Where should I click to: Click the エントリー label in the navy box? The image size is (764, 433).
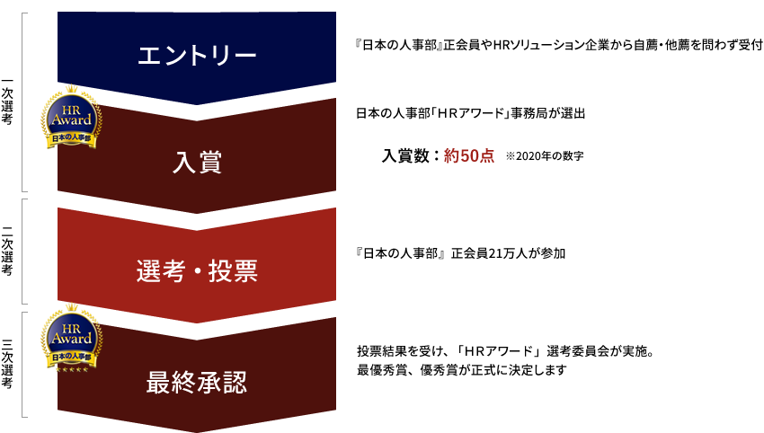(197, 55)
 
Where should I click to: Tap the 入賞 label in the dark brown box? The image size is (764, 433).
(197, 163)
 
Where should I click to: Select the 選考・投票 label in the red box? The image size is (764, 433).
(197, 270)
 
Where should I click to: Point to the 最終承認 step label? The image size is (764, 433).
(197, 383)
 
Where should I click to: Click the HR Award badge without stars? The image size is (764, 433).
(72, 117)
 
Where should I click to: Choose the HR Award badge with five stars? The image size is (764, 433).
(72, 338)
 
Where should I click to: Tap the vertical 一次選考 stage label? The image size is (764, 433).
(7, 102)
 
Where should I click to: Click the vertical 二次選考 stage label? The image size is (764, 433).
(7, 252)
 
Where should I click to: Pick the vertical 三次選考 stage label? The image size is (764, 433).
(7, 364)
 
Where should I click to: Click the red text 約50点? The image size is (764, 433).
(468, 155)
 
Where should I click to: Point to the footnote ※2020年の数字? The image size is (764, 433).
(545, 156)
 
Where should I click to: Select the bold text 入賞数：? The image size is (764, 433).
(411, 155)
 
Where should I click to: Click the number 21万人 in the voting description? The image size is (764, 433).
(508, 253)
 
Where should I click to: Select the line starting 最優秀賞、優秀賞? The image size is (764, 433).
(461, 370)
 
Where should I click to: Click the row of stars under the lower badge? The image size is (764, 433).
(72, 369)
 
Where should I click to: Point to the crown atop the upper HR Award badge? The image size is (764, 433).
(72, 89)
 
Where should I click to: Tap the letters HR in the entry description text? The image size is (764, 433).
(501, 45)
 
